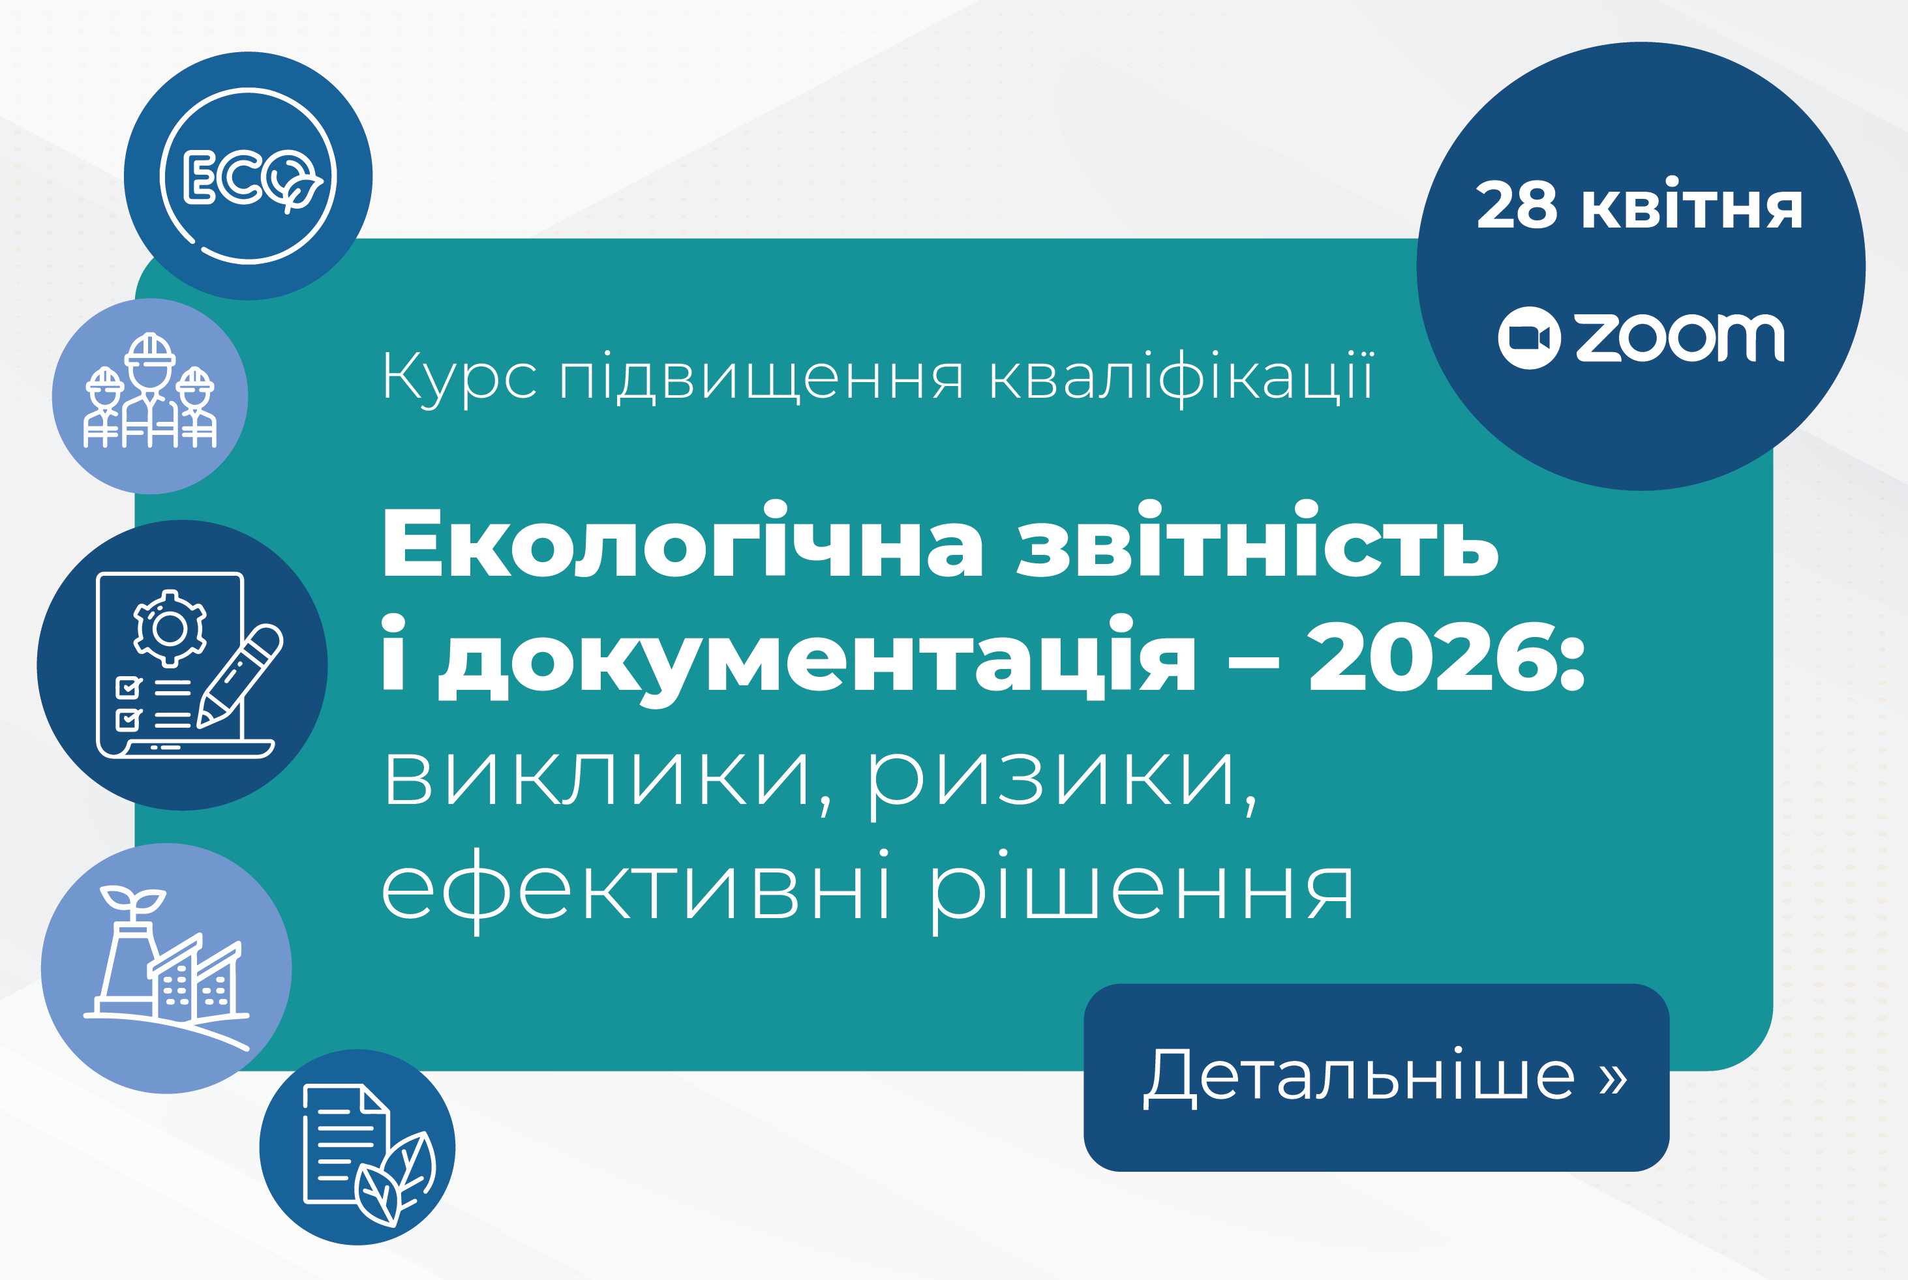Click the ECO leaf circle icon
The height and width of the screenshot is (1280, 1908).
point(248,176)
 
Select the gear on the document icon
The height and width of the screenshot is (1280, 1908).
point(170,628)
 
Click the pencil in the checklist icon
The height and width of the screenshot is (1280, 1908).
point(240,676)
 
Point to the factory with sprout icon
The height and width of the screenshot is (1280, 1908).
point(166,968)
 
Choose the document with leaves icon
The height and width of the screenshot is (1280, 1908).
point(369,1155)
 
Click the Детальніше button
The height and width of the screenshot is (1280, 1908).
point(1376,1078)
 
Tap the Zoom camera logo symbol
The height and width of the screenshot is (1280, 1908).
point(1529,338)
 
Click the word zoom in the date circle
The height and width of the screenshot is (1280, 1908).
point(1680,337)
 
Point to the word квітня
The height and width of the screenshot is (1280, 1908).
point(1691,203)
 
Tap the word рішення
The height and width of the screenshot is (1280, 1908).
point(1142,892)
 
